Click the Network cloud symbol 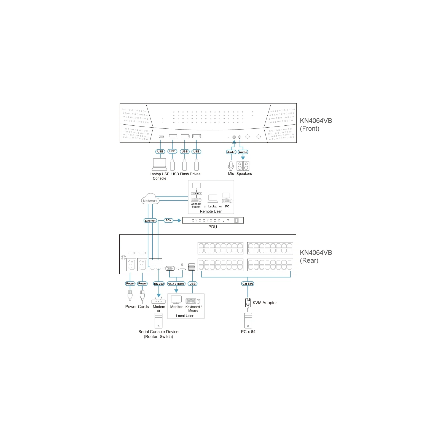click(150, 199)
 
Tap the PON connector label click(168, 220)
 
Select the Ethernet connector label click(150, 220)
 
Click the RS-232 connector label click(159, 284)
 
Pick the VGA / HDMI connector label click(176, 284)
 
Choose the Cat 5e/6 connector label click(248, 284)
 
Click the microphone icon click(231, 166)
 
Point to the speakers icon click(243, 166)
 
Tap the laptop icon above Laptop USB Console click(160, 164)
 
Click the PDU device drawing click(213, 220)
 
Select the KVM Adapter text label click(265, 303)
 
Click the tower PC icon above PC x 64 click(248, 321)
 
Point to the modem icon click(158, 300)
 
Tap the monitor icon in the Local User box click(176, 300)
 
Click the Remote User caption click(211, 211)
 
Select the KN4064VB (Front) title click(316, 125)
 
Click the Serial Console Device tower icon click(158, 321)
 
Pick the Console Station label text click(196, 205)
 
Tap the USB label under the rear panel click(192, 284)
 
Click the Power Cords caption click(137, 306)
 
